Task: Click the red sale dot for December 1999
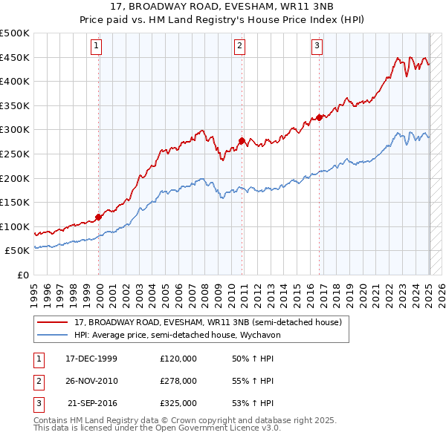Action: tap(99, 217)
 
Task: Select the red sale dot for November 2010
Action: tap(242, 140)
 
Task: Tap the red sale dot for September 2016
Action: tap(319, 117)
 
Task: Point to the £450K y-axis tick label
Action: tap(15, 57)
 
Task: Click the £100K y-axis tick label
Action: tap(15, 226)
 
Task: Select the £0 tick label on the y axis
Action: tap(23, 275)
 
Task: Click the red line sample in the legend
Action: tap(53, 323)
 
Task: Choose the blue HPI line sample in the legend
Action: tap(53, 335)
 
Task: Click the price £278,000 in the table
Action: tap(178, 381)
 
